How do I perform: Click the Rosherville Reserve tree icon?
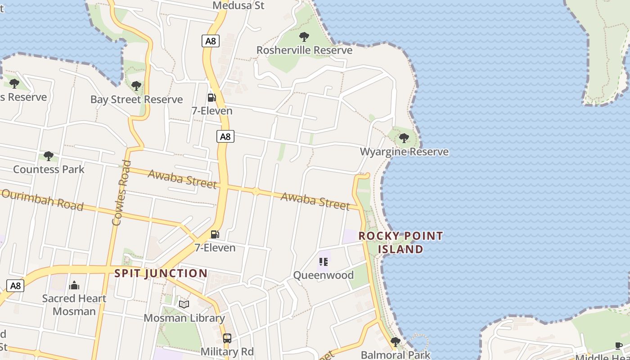tap(304, 36)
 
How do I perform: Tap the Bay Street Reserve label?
tap(136, 99)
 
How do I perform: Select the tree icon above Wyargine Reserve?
tap(404, 138)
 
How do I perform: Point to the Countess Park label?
tap(49, 169)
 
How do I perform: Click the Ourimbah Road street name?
tap(42, 199)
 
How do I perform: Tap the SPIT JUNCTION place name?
tap(161, 273)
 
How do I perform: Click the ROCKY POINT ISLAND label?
tap(400, 243)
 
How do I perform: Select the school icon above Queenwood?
tap(324, 261)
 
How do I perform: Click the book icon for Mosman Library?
tap(184, 305)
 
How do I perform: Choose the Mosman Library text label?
tap(184, 318)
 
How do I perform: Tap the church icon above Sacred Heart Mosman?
tap(74, 285)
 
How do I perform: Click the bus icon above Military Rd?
tap(227, 338)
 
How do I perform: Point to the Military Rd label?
tap(227, 351)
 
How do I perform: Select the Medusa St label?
tap(238, 5)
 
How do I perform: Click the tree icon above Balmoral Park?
tap(396, 342)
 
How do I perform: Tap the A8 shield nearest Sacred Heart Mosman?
tap(15, 285)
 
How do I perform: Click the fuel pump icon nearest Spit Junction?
tap(215, 234)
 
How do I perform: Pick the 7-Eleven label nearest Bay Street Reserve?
tap(212, 111)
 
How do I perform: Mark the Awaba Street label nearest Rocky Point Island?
tap(315, 201)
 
